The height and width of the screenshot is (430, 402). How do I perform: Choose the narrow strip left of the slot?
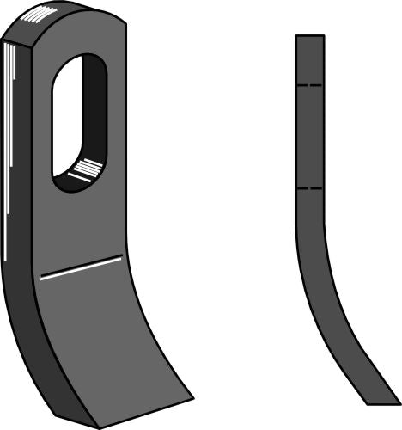tap(43, 120)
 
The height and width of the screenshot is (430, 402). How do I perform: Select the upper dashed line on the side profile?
tap(309, 86)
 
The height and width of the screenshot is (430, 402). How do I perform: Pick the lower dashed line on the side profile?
tap(309, 187)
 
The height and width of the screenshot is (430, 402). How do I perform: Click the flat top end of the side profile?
tap(309, 36)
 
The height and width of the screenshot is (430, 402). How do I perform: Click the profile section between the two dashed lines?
tap(309, 138)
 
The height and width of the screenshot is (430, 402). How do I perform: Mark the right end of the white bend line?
tap(119, 256)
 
